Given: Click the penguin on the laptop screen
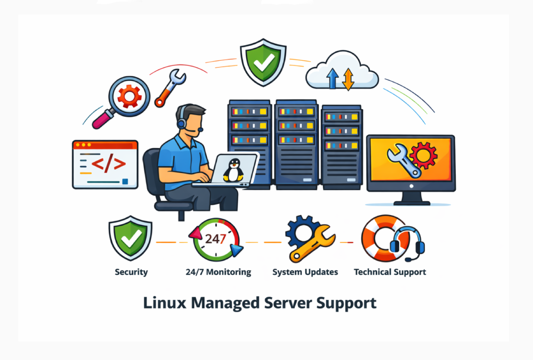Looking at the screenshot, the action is (233, 170).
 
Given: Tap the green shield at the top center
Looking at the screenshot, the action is (263, 62).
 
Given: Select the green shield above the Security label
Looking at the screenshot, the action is (131, 238).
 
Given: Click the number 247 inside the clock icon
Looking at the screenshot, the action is (215, 239).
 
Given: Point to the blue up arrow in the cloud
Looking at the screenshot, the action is (332, 78).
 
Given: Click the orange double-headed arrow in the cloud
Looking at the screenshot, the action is (348, 79).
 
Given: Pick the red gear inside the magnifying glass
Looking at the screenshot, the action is (129, 96).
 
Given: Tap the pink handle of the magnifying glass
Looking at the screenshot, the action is (102, 119).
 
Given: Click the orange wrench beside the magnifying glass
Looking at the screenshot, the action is (170, 88).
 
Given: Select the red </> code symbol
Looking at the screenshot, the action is (109, 163).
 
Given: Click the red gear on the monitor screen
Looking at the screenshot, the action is (423, 156).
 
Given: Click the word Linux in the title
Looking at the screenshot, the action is (165, 303).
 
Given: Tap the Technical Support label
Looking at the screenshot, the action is (390, 272).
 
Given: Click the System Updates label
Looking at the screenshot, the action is (305, 272).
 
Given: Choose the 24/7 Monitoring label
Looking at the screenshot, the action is (218, 272).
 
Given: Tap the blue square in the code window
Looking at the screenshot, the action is (125, 182).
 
